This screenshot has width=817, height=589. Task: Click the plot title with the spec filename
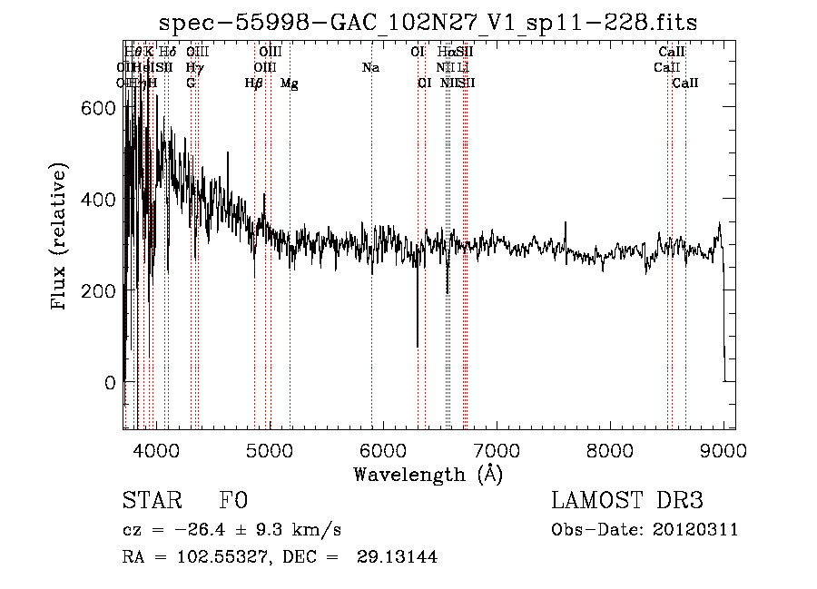pyautogui.click(x=428, y=23)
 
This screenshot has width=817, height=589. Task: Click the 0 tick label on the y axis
pyautogui.click(x=110, y=382)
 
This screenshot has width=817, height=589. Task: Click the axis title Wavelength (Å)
pyautogui.click(x=428, y=474)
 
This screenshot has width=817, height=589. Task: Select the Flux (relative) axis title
pyautogui.click(x=61, y=238)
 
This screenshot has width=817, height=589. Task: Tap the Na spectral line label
pyautogui.click(x=370, y=68)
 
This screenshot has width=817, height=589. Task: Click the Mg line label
pyautogui.click(x=290, y=83)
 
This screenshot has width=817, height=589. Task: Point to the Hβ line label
pyautogui.click(x=254, y=83)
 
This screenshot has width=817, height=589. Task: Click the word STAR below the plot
pyautogui.click(x=150, y=502)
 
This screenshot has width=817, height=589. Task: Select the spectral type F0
pyautogui.click(x=233, y=502)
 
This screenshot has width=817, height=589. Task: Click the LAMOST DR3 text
pyautogui.click(x=627, y=502)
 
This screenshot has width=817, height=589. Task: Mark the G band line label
pyautogui.click(x=191, y=83)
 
